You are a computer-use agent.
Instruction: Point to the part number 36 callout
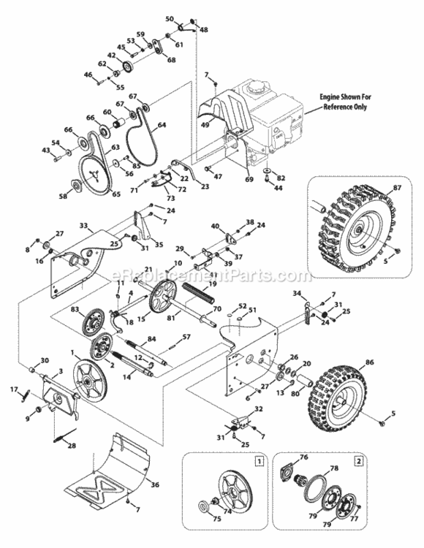154,484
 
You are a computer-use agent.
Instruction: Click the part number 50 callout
170,18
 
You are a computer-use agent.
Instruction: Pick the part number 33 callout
83,226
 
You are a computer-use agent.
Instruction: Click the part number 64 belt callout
162,125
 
